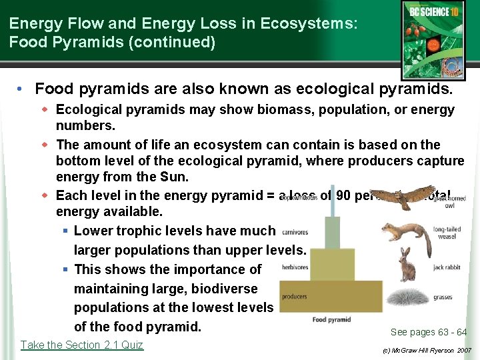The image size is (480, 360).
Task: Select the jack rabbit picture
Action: tap(406, 265)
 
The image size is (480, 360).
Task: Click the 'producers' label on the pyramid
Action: tap(294, 296)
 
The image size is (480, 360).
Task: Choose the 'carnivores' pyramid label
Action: tap(295, 232)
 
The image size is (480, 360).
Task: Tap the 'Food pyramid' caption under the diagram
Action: tap(331, 319)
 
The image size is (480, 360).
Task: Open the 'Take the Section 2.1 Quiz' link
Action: tap(82, 345)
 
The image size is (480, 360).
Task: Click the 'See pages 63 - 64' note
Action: tap(429, 332)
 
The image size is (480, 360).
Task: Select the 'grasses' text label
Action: tap(443, 297)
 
